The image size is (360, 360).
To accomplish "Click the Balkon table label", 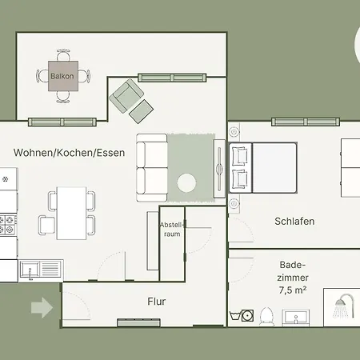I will pos(62,76).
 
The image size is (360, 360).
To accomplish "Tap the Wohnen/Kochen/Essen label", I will pos(69,152).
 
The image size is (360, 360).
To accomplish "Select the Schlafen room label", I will pos(294,222).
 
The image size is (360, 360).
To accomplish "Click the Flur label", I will pos(156,302).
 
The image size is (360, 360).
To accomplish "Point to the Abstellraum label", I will pos(172,230).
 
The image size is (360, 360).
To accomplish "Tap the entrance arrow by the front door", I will pos(40,306).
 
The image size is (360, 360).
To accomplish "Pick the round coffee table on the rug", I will pos(189,183).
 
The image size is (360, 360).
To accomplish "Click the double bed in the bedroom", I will pos(284,167).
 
